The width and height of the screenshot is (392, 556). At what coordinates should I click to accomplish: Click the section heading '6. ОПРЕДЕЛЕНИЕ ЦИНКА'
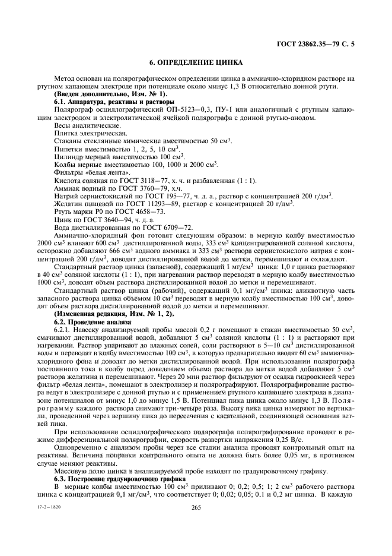(196, 62)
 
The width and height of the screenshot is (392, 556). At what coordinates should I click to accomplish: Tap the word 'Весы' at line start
(63, 125)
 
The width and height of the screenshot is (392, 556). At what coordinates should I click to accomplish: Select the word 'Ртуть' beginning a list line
(64, 211)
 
